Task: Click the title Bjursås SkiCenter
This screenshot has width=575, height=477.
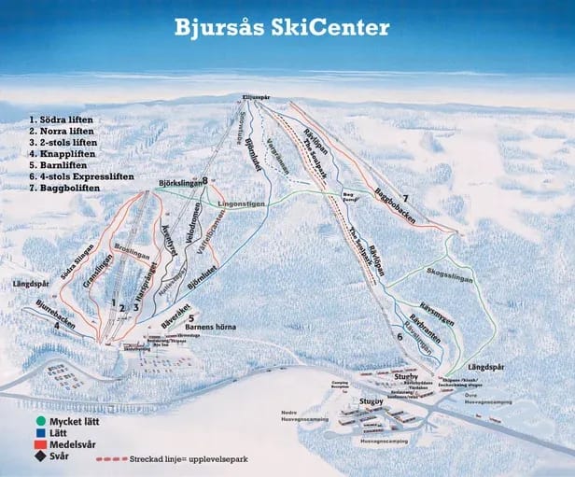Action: tap(281, 27)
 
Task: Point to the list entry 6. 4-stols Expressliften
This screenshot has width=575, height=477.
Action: tap(81, 175)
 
